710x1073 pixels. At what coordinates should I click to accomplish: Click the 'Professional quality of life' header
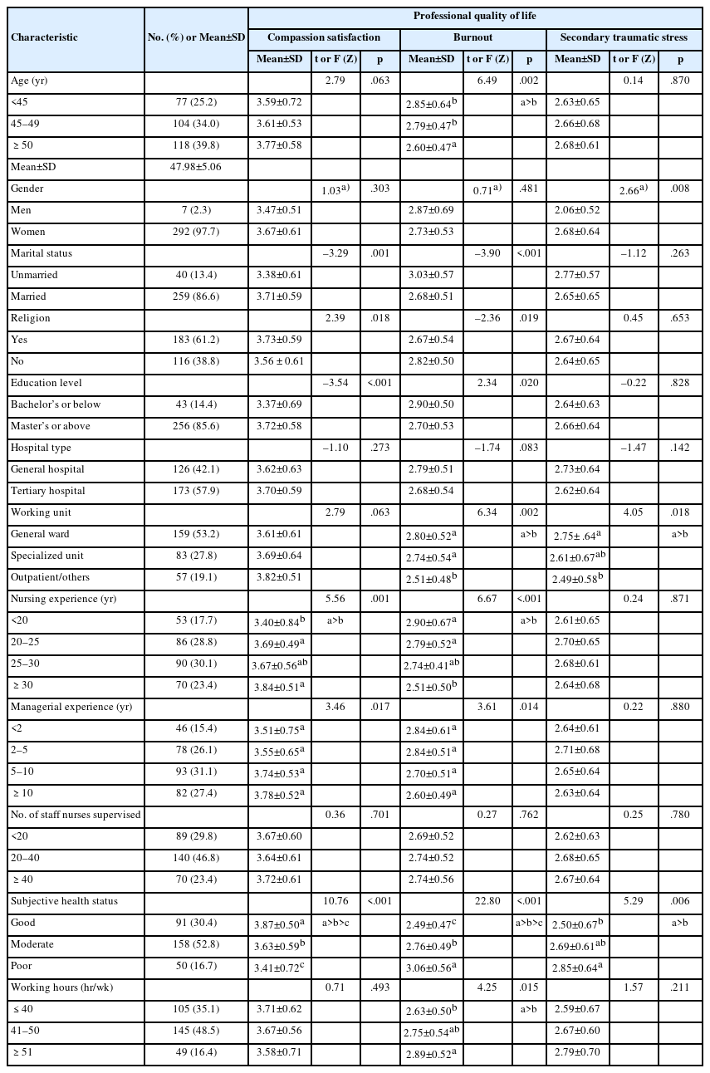click(475, 17)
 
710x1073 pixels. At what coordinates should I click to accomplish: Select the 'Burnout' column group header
click(473, 37)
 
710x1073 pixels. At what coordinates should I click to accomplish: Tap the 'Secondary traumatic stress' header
click(624, 37)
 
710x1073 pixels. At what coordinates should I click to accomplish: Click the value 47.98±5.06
click(196, 167)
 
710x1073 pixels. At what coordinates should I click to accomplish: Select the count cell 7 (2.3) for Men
click(196, 210)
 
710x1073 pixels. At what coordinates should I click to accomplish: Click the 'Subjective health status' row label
click(64, 901)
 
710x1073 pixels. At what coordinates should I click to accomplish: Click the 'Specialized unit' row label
click(47, 556)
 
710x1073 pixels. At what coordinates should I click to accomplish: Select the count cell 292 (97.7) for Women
click(196, 232)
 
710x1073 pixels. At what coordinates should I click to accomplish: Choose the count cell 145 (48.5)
click(196, 1031)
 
